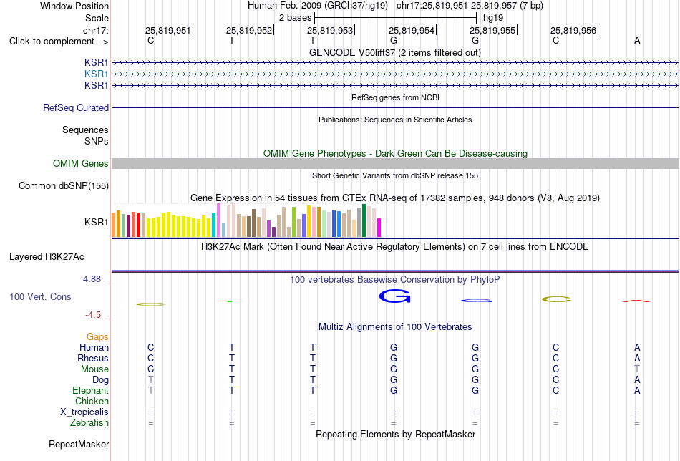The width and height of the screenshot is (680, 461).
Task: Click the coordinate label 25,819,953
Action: (330, 30)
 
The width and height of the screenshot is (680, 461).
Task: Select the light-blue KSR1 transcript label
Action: (97, 74)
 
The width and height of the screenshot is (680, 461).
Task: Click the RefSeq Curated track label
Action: (76, 107)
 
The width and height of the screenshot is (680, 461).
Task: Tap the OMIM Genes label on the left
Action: (81, 163)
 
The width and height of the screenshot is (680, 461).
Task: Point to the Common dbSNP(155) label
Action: (64, 185)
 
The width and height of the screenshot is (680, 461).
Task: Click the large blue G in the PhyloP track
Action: (394, 296)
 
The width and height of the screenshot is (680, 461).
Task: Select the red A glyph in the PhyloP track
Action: (636, 301)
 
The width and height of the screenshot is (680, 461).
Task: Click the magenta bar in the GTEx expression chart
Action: (379, 228)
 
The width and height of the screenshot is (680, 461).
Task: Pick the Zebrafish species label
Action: (89, 422)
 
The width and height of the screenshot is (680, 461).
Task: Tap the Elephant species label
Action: (90, 390)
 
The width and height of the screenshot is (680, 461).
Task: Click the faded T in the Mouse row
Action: (636, 369)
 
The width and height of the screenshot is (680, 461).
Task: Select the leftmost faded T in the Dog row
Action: (151, 379)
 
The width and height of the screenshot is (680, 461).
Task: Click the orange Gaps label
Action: (97, 336)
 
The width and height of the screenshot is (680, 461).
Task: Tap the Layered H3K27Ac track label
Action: (47, 257)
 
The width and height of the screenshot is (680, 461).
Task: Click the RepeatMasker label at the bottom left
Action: (79, 444)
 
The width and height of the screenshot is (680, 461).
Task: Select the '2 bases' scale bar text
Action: (296, 18)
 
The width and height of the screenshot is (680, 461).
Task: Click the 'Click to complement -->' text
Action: (59, 42)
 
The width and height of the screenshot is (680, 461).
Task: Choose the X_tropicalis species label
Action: (84, 412)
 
